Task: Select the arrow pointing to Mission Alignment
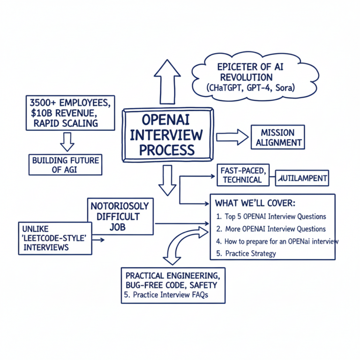pos(232,136)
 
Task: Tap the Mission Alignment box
pos(278,137)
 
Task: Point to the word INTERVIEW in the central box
pos(166,135)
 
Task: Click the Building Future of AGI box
pos(66,165)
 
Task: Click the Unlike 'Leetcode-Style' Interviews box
pos(55,239)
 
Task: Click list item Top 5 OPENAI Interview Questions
pos(271,217)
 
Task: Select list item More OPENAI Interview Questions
pos(271,229)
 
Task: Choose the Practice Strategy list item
pos(246,254)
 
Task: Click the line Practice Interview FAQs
pos(166,295)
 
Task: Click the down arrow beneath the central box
pos(167,180)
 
